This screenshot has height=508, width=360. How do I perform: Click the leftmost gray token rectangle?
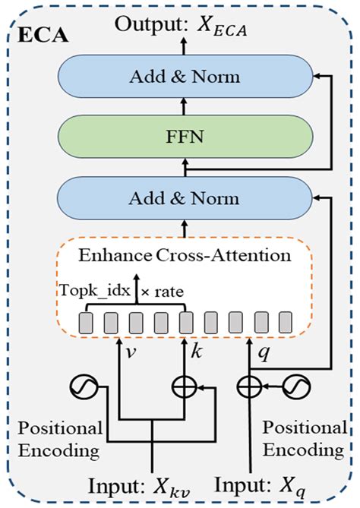[85, 322]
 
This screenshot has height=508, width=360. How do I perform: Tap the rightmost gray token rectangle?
[285, 322]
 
